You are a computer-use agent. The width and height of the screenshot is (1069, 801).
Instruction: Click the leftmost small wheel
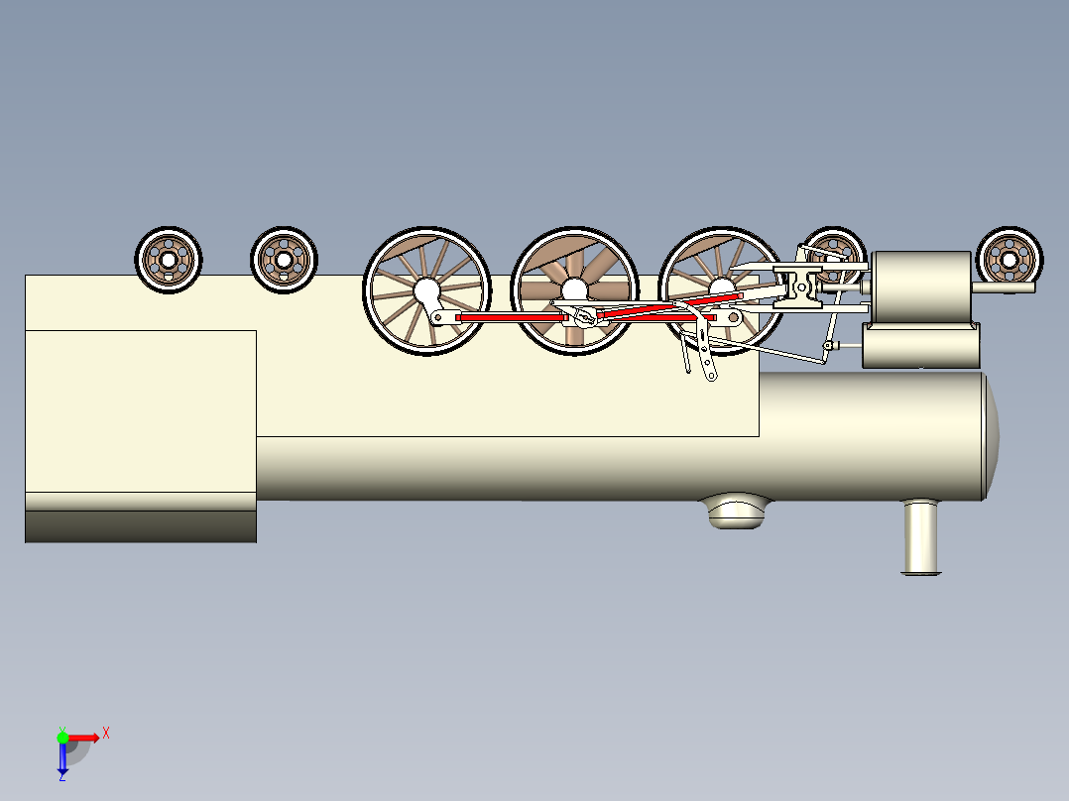tap(169, 260)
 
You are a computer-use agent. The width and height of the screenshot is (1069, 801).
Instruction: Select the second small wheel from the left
tap(284, 260)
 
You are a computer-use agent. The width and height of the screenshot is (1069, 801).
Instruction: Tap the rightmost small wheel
tap(1010, 260)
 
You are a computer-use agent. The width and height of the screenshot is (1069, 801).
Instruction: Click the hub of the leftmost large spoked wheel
tap(426, 290)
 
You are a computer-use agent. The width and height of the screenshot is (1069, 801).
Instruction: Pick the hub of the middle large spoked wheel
tap(575, 290)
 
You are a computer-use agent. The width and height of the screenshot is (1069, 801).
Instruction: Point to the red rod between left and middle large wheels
tap(512, 317)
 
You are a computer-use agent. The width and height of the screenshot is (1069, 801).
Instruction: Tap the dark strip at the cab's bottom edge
tap(141, 527)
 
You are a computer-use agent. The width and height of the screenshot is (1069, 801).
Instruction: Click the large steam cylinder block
tap(921, 287)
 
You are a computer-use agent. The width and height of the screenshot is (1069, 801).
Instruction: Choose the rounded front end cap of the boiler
tap(992, 435)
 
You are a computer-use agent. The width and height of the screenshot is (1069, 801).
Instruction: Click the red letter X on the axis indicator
tap(106, 734)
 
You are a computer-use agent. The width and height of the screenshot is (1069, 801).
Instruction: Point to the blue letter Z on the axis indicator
tap(62, 776)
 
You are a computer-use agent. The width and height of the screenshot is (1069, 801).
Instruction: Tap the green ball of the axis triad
tap(62, 738)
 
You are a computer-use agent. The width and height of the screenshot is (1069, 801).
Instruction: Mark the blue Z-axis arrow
tap(62, 757)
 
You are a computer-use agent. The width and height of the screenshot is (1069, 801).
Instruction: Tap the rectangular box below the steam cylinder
tap(921, 346)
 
